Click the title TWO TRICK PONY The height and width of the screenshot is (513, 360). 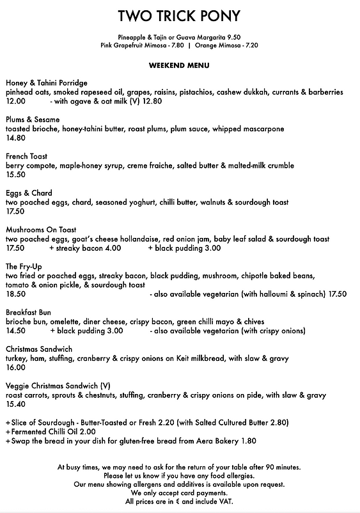pos(180,15)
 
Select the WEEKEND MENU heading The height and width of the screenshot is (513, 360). pos(180,65)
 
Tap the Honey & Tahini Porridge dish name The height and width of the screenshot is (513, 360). pos(47,83)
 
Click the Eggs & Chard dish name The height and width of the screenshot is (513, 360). pos(29,193)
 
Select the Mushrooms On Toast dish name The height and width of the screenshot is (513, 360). pos(41,230)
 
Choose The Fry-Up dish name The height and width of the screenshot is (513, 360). pos(24,266)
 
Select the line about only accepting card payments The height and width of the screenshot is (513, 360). pos(180,493)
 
